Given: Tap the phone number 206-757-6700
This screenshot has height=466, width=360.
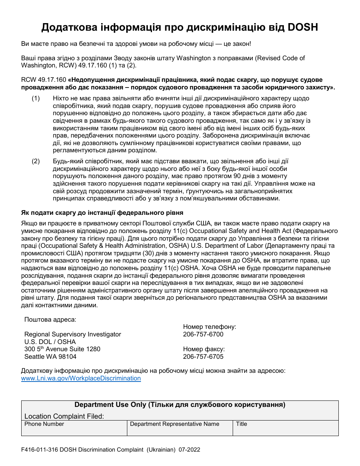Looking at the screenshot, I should point(203,334).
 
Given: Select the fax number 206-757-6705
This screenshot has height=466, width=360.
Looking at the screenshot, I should point(203,357).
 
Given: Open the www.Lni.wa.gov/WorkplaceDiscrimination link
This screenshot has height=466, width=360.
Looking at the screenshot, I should point(81,378).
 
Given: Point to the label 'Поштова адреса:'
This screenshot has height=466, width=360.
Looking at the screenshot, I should point(50,319).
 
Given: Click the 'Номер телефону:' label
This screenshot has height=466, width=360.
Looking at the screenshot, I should point(210,327).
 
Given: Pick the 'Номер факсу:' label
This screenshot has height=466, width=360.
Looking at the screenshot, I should point(204,349).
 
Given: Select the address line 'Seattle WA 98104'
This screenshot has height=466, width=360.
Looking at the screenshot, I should point(50,357).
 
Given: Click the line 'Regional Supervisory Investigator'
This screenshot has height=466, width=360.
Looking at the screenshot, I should point(73,334).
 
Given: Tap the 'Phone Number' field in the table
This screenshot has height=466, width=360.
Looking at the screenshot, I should point(74,428).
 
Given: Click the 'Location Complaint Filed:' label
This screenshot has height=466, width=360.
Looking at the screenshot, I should point(64,416).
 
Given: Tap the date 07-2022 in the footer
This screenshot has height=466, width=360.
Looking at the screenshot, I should point(189,450).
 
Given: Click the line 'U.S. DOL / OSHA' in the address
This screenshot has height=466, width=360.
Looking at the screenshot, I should point(50,342).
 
